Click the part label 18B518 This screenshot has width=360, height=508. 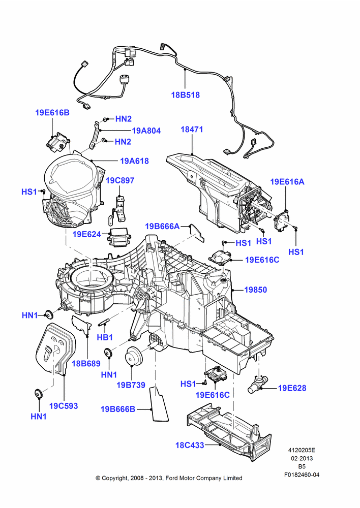click(x=185, y=95)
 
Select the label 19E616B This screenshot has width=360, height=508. click(x=52, y=113)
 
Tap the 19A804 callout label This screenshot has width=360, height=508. click(x=146, y=131)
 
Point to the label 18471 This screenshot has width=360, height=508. click(x=192, y=129)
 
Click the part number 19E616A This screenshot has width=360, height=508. click(x=287, y=182)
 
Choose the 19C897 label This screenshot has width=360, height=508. click(x=120, y=180)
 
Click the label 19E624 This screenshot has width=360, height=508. click(x=87, y=234)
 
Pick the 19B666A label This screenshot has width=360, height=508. click(x=162, y=226)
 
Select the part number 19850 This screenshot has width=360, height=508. click(x=256, y=290)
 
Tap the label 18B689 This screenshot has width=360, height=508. click(x=86, y=364)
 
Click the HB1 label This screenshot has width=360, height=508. click(x=105, y=337)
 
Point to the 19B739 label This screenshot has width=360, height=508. click(x=131, y=385)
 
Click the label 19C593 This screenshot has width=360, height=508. click(x=64, y=405)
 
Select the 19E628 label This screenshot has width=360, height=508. click(x=292, y=388)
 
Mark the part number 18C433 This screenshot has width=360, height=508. click(x=190, y=445)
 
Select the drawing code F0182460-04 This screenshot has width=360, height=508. click(x=302, y=474)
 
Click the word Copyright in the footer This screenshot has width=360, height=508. click(x=114, y=478)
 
